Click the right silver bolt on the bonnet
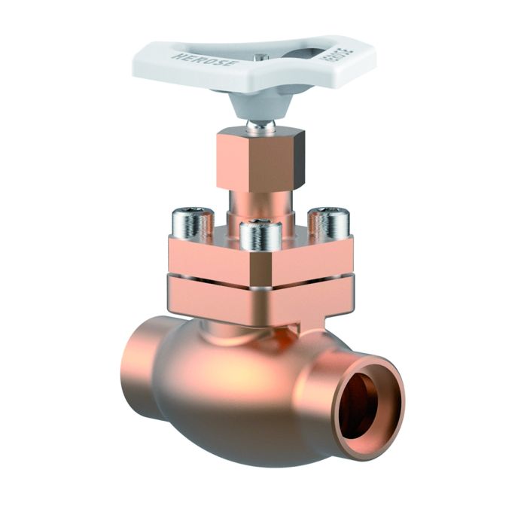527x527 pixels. pos(329,221)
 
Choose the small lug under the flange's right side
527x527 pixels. pos(312,327)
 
